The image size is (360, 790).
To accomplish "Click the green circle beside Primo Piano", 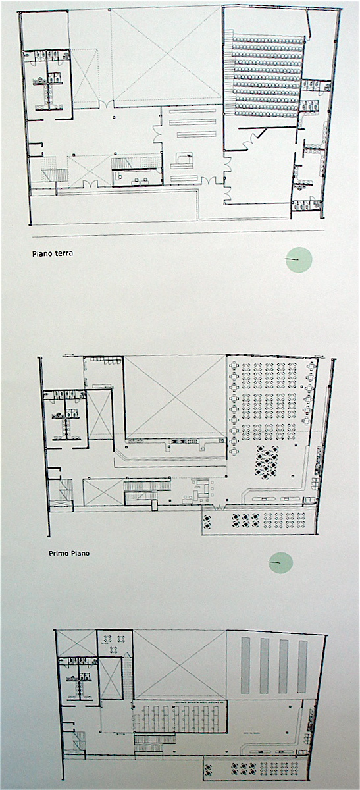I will coord(281,562).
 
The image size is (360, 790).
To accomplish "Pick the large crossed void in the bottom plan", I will coord(180,663).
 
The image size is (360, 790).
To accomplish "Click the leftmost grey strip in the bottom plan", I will coord(245,664).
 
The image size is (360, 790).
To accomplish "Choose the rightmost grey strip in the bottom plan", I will coord(302,664).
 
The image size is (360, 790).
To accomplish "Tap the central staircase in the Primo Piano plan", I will coord(140,491).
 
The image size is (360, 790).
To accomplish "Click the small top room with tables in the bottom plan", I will coord(115,642).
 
